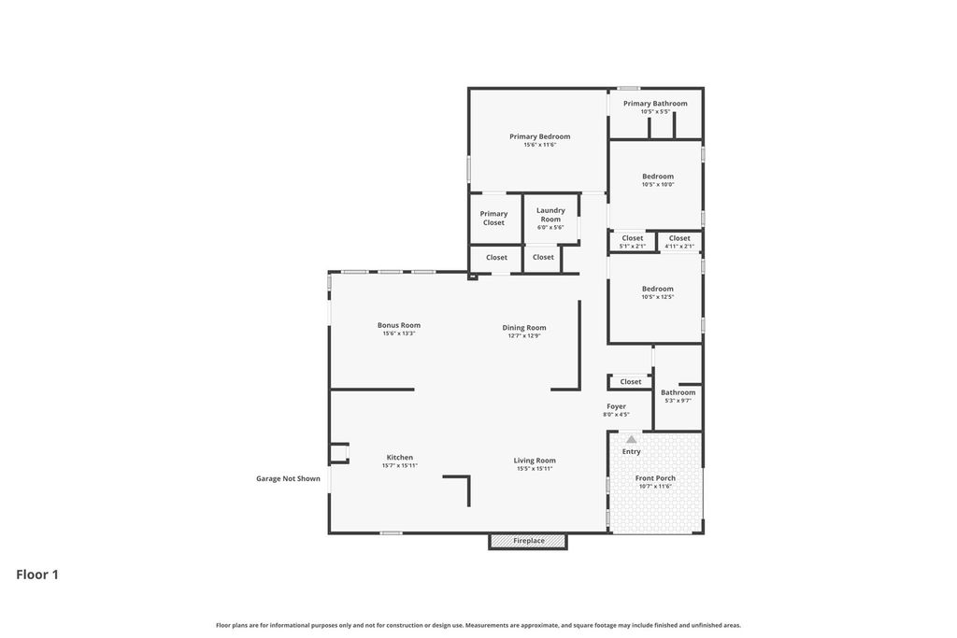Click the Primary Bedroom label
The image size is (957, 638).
(539, 136)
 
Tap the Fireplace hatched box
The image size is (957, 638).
(528, 541)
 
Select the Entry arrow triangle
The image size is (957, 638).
(631, 439)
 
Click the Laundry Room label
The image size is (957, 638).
(550, 215)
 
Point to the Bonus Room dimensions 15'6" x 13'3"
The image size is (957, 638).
(398, 333)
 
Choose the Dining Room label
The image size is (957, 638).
(524, 328)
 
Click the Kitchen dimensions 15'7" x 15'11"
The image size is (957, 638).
(400, 465)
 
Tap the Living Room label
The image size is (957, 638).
(535, 461)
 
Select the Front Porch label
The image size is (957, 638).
(655, 478)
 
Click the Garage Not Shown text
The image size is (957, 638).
(288, 479)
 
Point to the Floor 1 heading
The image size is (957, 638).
(37, 574)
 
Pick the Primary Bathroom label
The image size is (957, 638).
(655, 103)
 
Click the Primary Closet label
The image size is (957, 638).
(493, 219)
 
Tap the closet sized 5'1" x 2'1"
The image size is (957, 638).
(633, 242)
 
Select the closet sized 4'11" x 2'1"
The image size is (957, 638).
(679, 242)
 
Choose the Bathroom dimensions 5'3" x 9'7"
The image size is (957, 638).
(678, 401)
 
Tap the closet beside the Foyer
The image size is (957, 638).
(631, 382)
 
